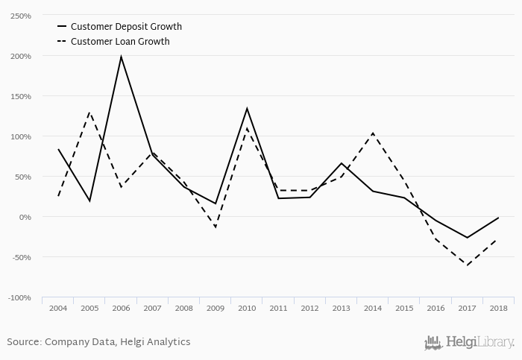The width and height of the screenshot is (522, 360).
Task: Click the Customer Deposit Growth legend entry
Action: [126, 27]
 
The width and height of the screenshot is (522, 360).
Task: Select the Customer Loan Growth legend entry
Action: [120, 42]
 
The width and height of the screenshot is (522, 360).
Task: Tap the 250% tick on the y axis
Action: [20, 16]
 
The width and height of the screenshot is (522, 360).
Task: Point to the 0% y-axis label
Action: [24, 217]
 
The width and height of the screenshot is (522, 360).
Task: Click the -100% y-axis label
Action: [19, 297]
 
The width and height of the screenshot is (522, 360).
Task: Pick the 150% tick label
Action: [20, 96]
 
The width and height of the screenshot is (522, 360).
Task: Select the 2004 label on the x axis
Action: [58, 308]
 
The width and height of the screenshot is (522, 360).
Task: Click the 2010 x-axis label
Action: [247, 308]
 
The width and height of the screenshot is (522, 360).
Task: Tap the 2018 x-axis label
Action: [499, 308]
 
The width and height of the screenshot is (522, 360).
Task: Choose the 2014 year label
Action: [373, 308]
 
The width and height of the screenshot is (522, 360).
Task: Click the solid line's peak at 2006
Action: [121, 57]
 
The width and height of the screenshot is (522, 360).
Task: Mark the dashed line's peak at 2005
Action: [89, 113]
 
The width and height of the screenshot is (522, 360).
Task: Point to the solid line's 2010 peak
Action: [247, 109]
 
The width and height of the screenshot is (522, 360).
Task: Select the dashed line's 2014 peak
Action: [373, 133]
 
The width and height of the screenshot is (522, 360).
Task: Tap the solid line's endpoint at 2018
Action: [499, 218]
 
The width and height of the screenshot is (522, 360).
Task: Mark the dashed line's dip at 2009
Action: [216, 227]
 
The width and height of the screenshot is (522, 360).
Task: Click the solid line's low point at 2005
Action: [89, 200]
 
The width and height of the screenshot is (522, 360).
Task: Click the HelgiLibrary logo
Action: [469, 343]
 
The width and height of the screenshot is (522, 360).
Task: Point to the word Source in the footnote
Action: [24, 342]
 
